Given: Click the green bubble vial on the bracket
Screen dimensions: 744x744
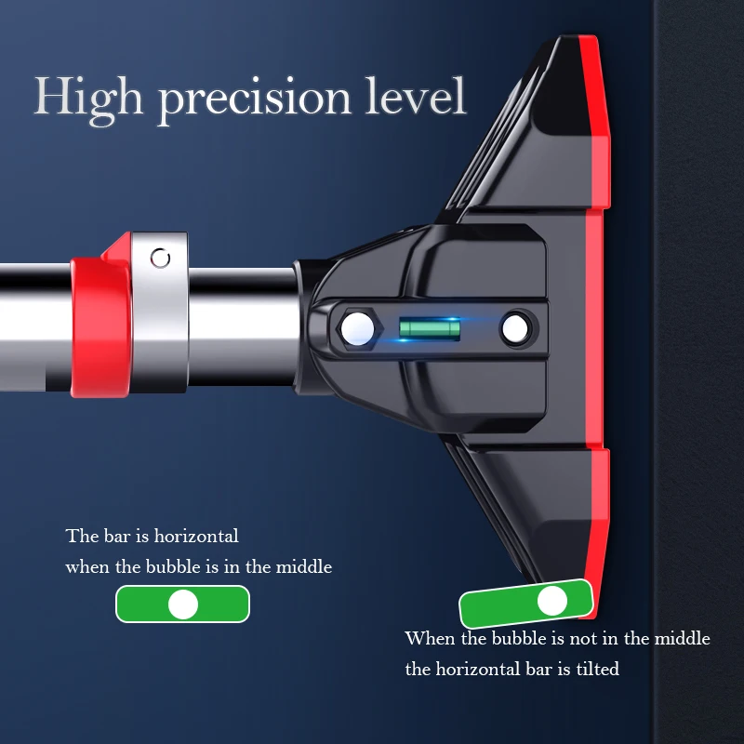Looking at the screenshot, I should point(430,327).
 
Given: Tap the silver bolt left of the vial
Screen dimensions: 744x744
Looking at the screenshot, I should point(355,327).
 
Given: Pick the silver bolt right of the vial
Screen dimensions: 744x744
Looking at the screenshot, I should point(514,327).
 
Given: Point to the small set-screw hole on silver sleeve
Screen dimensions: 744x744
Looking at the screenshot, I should point(162,258).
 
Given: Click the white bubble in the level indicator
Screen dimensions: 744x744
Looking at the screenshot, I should point(183,604).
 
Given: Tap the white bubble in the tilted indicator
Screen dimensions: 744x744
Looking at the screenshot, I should point(552,601).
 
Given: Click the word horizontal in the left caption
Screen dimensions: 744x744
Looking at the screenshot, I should point(196,537).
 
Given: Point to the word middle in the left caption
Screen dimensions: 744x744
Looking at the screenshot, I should point(304,566).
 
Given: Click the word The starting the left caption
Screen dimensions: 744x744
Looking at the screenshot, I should point(80,537).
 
